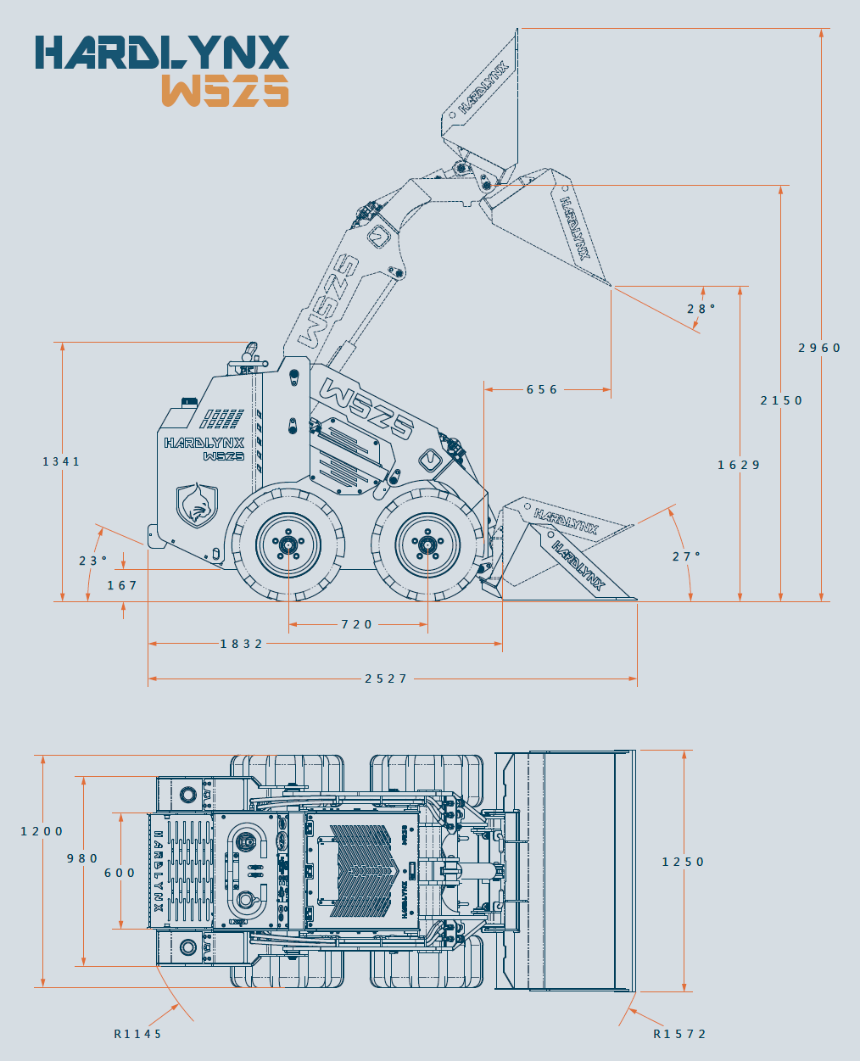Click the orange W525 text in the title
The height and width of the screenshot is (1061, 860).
[225, 90]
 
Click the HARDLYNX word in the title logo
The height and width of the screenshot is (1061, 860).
[162, 53]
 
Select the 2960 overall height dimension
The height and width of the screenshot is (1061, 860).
[819, 348]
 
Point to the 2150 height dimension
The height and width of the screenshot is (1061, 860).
[781, 400]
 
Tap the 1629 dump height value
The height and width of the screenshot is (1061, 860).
[739, 465]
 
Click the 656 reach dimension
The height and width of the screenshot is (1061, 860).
[542, 390]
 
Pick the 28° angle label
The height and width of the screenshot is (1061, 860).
[701, 309]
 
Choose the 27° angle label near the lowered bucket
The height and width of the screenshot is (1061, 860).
[686, 556]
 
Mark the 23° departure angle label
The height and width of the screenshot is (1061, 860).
[93, 561]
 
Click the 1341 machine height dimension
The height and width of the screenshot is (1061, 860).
[62, 461]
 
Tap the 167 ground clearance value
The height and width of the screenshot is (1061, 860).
[122, 585]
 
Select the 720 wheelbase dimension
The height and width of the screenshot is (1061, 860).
[357, 624]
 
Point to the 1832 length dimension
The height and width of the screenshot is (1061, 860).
[242, 644]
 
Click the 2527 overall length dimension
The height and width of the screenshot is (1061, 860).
[386, 678]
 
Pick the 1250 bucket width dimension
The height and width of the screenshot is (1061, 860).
[683, 862]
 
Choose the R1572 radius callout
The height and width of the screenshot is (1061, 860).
[679, 1034]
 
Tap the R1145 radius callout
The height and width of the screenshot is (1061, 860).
[137, 1034]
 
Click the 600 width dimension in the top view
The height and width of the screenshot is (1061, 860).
[120, 873]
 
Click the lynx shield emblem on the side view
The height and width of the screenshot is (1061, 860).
[197, 505]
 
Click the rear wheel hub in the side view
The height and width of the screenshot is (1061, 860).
[288, 544]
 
